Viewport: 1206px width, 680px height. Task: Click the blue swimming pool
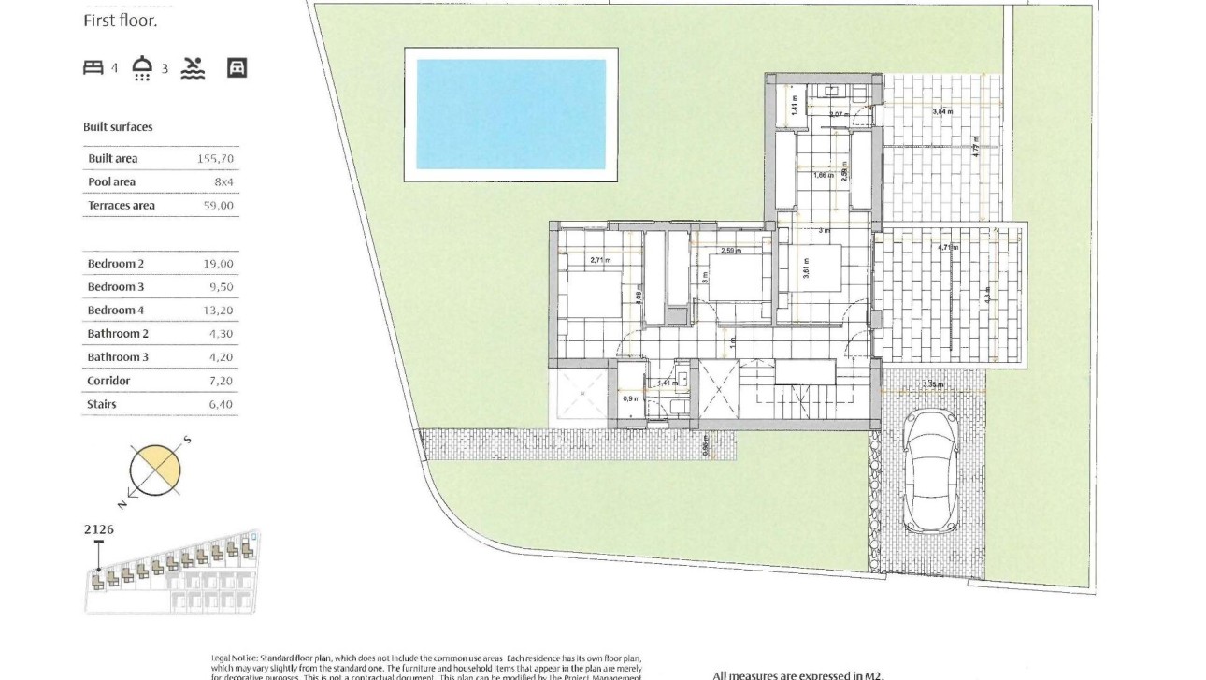[510, 114]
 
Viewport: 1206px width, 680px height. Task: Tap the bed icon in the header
[93, 67]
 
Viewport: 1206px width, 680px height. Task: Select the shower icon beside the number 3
[143, 67]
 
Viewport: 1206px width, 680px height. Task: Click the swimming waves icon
[193, 67]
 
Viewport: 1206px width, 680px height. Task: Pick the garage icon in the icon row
[237, 67]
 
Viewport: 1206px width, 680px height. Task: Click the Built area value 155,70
[215, 159]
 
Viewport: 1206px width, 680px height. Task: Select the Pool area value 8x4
[222, 182]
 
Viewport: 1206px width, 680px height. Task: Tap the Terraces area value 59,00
[219, 206]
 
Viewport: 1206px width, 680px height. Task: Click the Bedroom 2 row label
[116, 264]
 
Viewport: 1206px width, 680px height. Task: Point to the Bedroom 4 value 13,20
[218, 311]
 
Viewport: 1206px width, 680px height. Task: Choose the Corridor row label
[108, 381]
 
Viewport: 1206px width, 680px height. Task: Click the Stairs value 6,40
[218, 404]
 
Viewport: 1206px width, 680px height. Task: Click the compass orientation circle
[154, 470]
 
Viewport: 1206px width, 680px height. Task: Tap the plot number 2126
[99, 529]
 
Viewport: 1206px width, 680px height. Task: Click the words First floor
[121, 21]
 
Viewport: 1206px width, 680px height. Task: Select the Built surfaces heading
[118, 127]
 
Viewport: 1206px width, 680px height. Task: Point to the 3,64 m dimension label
[942, 112]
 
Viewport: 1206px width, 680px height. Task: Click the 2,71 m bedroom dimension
[599, 260]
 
